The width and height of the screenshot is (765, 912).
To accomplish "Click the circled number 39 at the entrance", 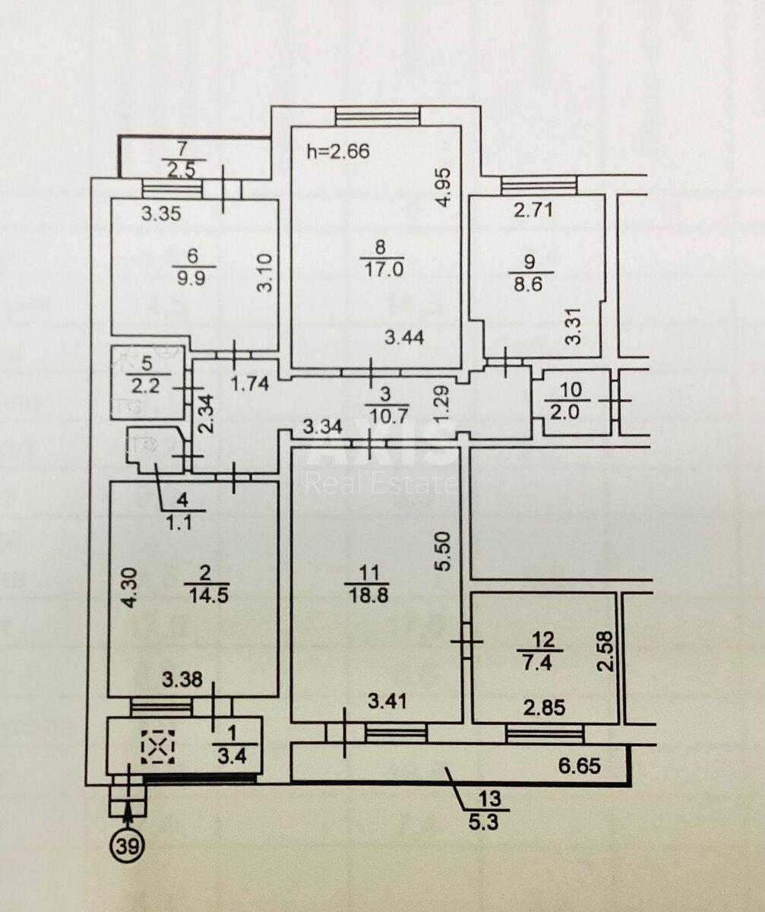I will pos(128,845).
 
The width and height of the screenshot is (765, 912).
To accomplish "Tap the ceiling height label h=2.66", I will pos(337,151).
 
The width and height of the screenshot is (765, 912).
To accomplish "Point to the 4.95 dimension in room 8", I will pos(445,188).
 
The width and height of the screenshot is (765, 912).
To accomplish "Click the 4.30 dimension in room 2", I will pos(131,587).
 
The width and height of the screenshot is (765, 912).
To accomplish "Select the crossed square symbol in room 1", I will pos(158,747).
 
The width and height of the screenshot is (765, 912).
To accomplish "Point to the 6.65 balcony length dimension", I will pos(580,765).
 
